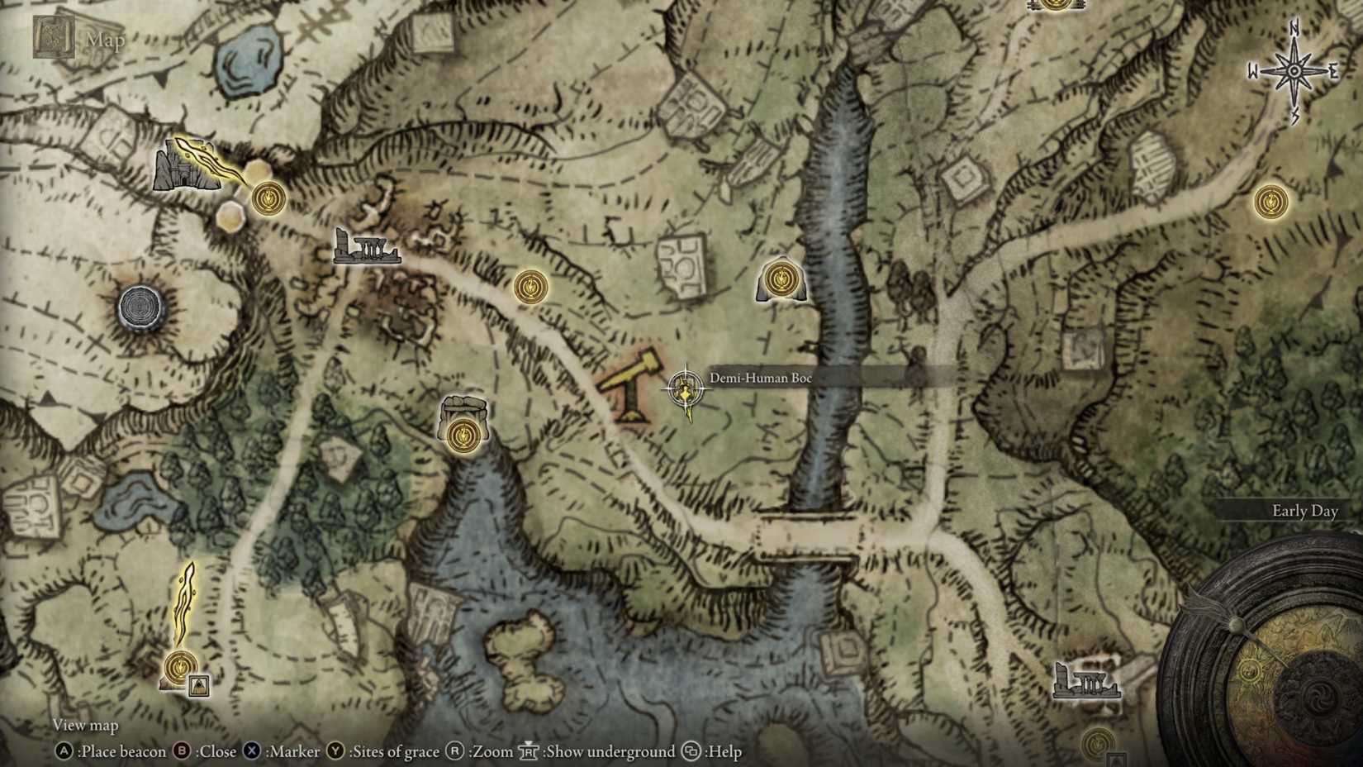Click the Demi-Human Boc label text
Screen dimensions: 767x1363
point(761,379)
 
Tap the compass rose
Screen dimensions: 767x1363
point(1293,72)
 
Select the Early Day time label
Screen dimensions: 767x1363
point(1304,511)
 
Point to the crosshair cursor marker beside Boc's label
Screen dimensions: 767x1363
point(685,388)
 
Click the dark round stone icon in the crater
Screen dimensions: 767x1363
point(142,307)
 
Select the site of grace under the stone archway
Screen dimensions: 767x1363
point(463,434)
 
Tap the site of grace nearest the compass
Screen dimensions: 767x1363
point(1270,202)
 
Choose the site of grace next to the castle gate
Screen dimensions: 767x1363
point(268,198)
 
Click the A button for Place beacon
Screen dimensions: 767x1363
point(64,751)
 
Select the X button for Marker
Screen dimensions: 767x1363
point(252,751)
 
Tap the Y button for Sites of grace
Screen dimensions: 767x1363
point(335,751)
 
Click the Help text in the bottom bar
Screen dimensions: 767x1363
point(724,751)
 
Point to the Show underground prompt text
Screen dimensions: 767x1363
point(609,751)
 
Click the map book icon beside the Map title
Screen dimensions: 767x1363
point(54,37)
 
